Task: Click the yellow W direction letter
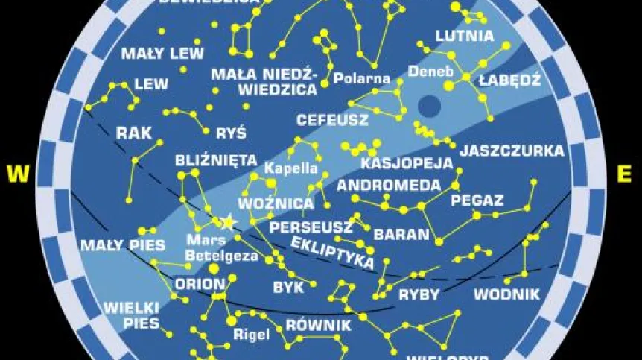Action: (17, 174)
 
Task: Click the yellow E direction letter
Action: (624, 174)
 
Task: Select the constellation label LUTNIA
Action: (465, 36)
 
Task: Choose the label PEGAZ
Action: (477, 200)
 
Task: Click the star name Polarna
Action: (362, 78)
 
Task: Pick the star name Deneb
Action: (426, 72)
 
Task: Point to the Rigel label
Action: (251, 334)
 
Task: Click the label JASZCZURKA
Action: (512, 151)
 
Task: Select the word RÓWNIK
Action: (318, 326)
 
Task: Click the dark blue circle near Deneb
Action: (429, 107)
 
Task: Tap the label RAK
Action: (134, 133)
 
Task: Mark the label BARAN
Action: (402, 234)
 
